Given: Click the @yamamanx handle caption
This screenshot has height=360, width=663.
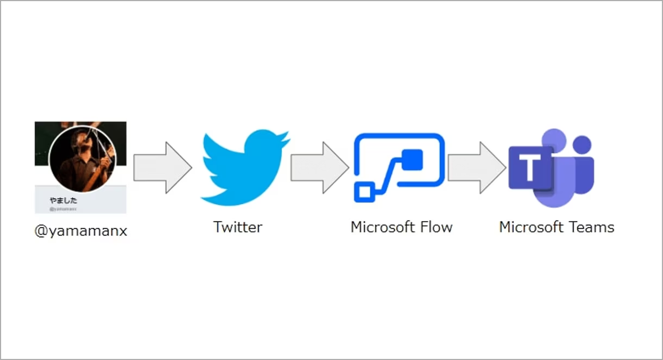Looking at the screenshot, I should tap(81, 231).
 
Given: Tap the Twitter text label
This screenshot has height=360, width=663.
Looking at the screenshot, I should tap(238, 226).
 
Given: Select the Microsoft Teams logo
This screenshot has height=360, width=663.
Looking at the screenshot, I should tap(551, 168).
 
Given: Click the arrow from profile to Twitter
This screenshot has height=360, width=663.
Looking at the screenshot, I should tap(162, 168).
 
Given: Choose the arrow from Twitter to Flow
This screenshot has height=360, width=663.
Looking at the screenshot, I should tap(320, 168).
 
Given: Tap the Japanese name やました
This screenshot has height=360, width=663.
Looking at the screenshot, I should tap(63, 200).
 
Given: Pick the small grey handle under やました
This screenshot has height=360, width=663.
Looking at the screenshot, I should tap(63, 208).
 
